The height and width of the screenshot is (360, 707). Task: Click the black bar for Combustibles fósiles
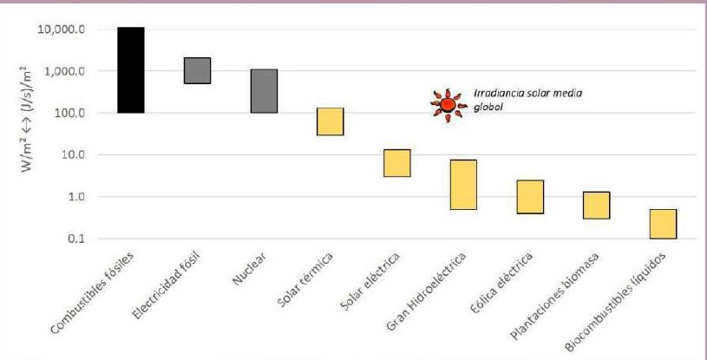[130, 70]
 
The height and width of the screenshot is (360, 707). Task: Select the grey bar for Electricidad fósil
[197, 70]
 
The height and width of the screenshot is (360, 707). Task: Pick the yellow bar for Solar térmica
[330, 121]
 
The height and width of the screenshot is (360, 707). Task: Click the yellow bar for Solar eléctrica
[396, 163]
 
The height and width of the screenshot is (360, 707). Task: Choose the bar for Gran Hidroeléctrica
[463, 185]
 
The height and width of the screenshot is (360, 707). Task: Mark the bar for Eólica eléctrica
[530, 197]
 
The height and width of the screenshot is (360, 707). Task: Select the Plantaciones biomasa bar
[596, 206]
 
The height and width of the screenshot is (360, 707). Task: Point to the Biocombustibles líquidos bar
[663, 224]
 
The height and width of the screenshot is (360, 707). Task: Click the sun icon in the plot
[448, 105]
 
